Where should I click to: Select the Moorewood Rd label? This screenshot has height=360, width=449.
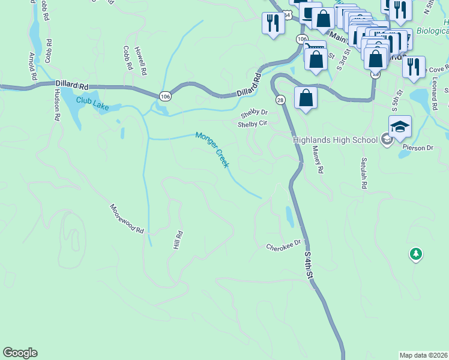coord(127,218)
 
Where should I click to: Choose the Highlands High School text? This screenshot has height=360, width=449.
coord(335,140)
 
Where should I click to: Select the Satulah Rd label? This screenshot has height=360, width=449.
coord(363,173)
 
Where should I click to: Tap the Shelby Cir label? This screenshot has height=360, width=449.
coord(252,124)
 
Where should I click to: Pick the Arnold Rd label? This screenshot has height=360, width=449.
coord(32,67)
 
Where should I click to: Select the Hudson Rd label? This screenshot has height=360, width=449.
coord(57,105)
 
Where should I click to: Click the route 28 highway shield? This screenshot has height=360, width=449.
coord(280,100)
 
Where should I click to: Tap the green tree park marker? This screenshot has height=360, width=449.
coord(415,254)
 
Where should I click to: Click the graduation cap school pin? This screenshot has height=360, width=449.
coord(400,127)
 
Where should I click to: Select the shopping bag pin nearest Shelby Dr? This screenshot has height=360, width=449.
coord(306,97)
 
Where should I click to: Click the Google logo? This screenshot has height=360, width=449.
coord(20,353)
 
